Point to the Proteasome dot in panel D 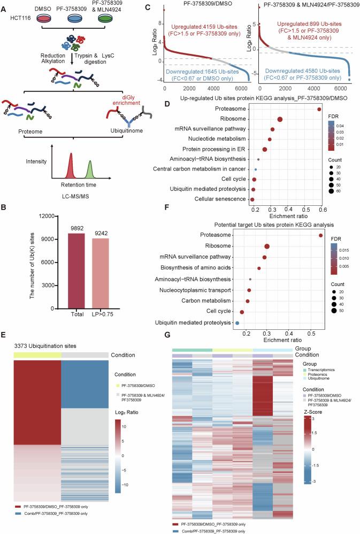(319, 110)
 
